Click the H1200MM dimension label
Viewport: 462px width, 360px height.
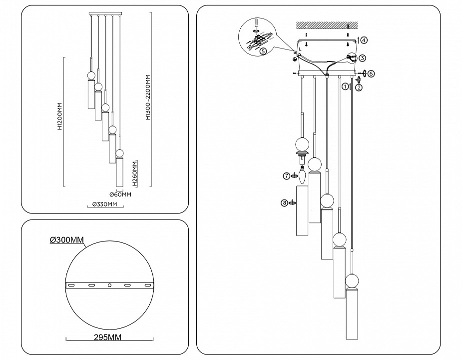click(x=59, y=117)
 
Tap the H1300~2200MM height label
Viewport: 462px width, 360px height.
click(x=148, y=98)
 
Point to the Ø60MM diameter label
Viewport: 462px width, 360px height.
click(x=120, y=195)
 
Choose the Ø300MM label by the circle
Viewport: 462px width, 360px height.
click(x=66, y=240)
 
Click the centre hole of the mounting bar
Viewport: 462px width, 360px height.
click(x=109, y=285)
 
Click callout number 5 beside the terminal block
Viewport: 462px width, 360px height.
click(x=263, y=50)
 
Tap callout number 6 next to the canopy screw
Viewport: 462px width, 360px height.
click(x=371, y=73)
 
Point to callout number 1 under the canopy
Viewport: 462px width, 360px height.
click(x=345, y=86)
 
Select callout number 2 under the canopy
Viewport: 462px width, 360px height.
click(x=359, y=87)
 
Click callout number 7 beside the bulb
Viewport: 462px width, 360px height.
click(x=286, y=175)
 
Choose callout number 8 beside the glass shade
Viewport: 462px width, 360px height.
click(x=284, y=202)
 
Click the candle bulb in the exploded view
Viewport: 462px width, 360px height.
click(x=302, y=174)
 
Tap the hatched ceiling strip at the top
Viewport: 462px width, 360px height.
click(x=327, y=24)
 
